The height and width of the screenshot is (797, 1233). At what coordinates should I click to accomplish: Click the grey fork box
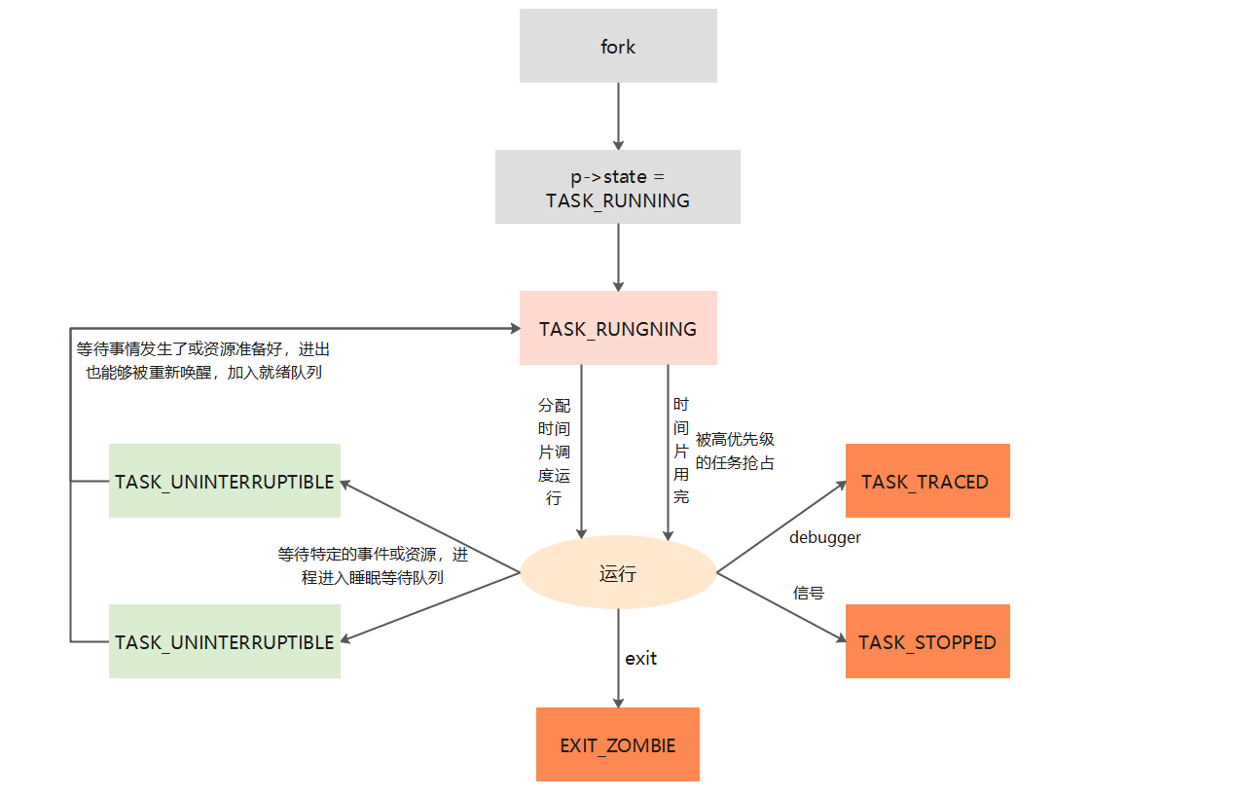click(x=618, y=46)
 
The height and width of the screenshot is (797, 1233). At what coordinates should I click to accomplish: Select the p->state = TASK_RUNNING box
click(x=618, y=187)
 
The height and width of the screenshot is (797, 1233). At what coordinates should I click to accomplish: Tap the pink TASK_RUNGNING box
click(x=618, y=328)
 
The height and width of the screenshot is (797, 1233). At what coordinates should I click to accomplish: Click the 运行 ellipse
click(x=618, y=573)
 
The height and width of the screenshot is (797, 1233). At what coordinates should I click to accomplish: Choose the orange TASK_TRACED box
click(x=926, y=481)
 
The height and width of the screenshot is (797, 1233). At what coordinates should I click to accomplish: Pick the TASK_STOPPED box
click(x=926, y=641)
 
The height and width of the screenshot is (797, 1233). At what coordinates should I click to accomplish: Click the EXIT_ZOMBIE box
click(x=618, y=744)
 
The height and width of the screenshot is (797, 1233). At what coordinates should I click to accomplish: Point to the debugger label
click(x=824, y=537)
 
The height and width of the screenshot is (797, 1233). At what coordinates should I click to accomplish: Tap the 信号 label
click(x=808, y=593)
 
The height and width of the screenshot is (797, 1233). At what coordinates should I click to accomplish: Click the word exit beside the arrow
click(x=640, y=659)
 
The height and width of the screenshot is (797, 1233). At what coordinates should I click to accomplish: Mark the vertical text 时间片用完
click(x=681, y=450)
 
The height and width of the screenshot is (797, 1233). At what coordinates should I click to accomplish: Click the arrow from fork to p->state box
click(x=618, y=115)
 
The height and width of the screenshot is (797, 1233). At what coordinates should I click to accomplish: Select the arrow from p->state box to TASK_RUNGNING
click(x=618, y=257)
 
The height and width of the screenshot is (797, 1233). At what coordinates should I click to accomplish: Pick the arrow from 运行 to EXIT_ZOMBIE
click(x=618, y=658)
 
